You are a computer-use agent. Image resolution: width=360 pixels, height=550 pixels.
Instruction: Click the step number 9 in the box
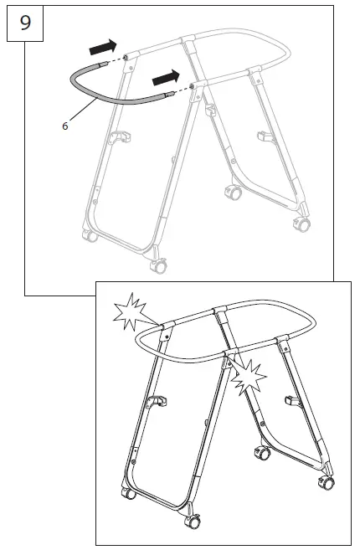[24, 23]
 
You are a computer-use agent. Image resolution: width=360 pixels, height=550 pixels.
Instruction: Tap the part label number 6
[64, 126]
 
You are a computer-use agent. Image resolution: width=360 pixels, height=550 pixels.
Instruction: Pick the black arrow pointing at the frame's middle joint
[165, 78]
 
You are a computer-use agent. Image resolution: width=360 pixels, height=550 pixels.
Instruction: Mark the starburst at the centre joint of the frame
[249, 378]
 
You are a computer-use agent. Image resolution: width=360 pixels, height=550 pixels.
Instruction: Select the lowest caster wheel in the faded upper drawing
[156, 266]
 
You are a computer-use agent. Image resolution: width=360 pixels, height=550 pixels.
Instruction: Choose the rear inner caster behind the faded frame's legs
[232, 193]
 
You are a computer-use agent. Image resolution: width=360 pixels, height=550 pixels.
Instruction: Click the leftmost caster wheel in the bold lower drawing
[129, 493]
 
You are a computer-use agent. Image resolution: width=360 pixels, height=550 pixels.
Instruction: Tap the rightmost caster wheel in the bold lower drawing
[329, 483]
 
